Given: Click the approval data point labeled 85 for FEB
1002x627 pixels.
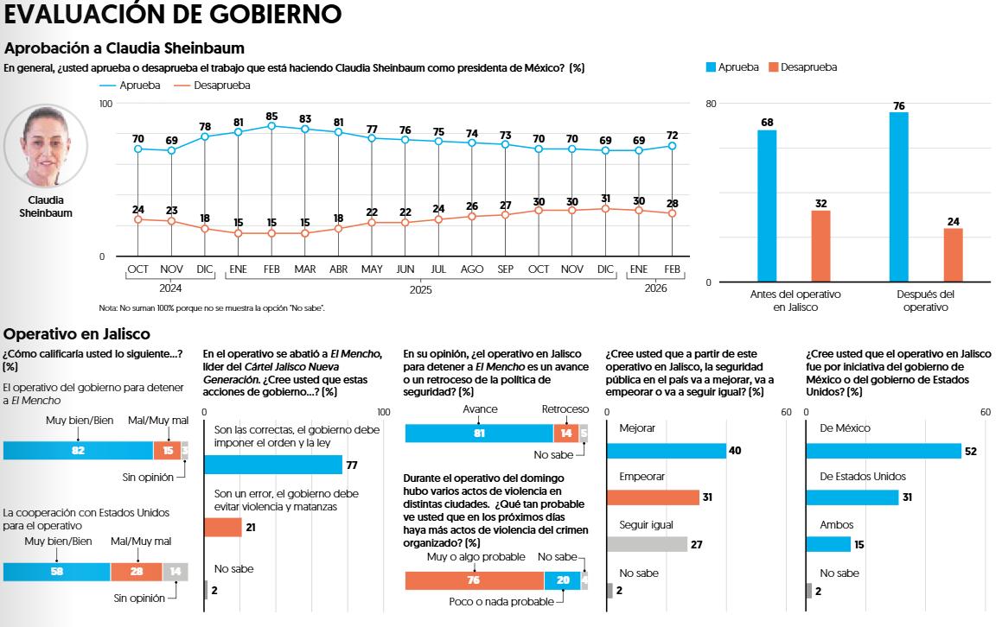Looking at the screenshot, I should (271, 126).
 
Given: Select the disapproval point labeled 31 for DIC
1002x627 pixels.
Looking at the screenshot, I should (605, 208).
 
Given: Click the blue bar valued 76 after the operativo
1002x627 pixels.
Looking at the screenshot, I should (898, 197).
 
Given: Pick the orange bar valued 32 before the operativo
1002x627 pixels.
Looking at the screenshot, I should (820, 246).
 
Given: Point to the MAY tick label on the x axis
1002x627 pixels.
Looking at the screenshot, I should (372, 269).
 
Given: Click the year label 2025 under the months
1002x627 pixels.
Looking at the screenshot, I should (420, 289).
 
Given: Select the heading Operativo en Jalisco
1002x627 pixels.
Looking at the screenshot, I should (77, 334).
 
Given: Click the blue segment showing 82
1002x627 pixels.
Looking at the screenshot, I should (78, 450).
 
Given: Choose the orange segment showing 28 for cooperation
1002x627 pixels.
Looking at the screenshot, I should (137, 572).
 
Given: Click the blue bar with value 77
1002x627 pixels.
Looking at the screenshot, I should (273, 465).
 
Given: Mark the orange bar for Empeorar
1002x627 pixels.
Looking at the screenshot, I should (653, 497).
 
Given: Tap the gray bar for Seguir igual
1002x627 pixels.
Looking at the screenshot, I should (647, 544).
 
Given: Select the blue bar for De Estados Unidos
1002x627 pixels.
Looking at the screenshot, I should (852, 497).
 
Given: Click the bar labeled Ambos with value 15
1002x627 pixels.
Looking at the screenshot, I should (828, 544).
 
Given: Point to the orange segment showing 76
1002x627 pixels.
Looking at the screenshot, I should (474, 580).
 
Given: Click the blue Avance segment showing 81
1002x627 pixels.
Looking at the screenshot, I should (479, 434).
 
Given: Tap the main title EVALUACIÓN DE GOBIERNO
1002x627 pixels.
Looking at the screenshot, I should (172, 15).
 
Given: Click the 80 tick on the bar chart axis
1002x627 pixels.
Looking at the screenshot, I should (712, 104).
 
